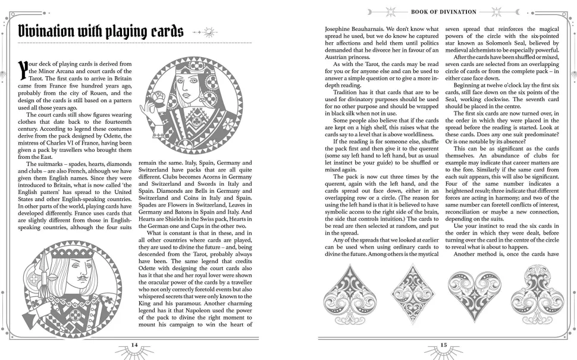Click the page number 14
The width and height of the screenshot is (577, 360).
pos(134,345)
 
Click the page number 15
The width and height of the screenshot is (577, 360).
pos(444,345)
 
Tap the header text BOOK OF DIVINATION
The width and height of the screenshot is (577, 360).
pos(444,11)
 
